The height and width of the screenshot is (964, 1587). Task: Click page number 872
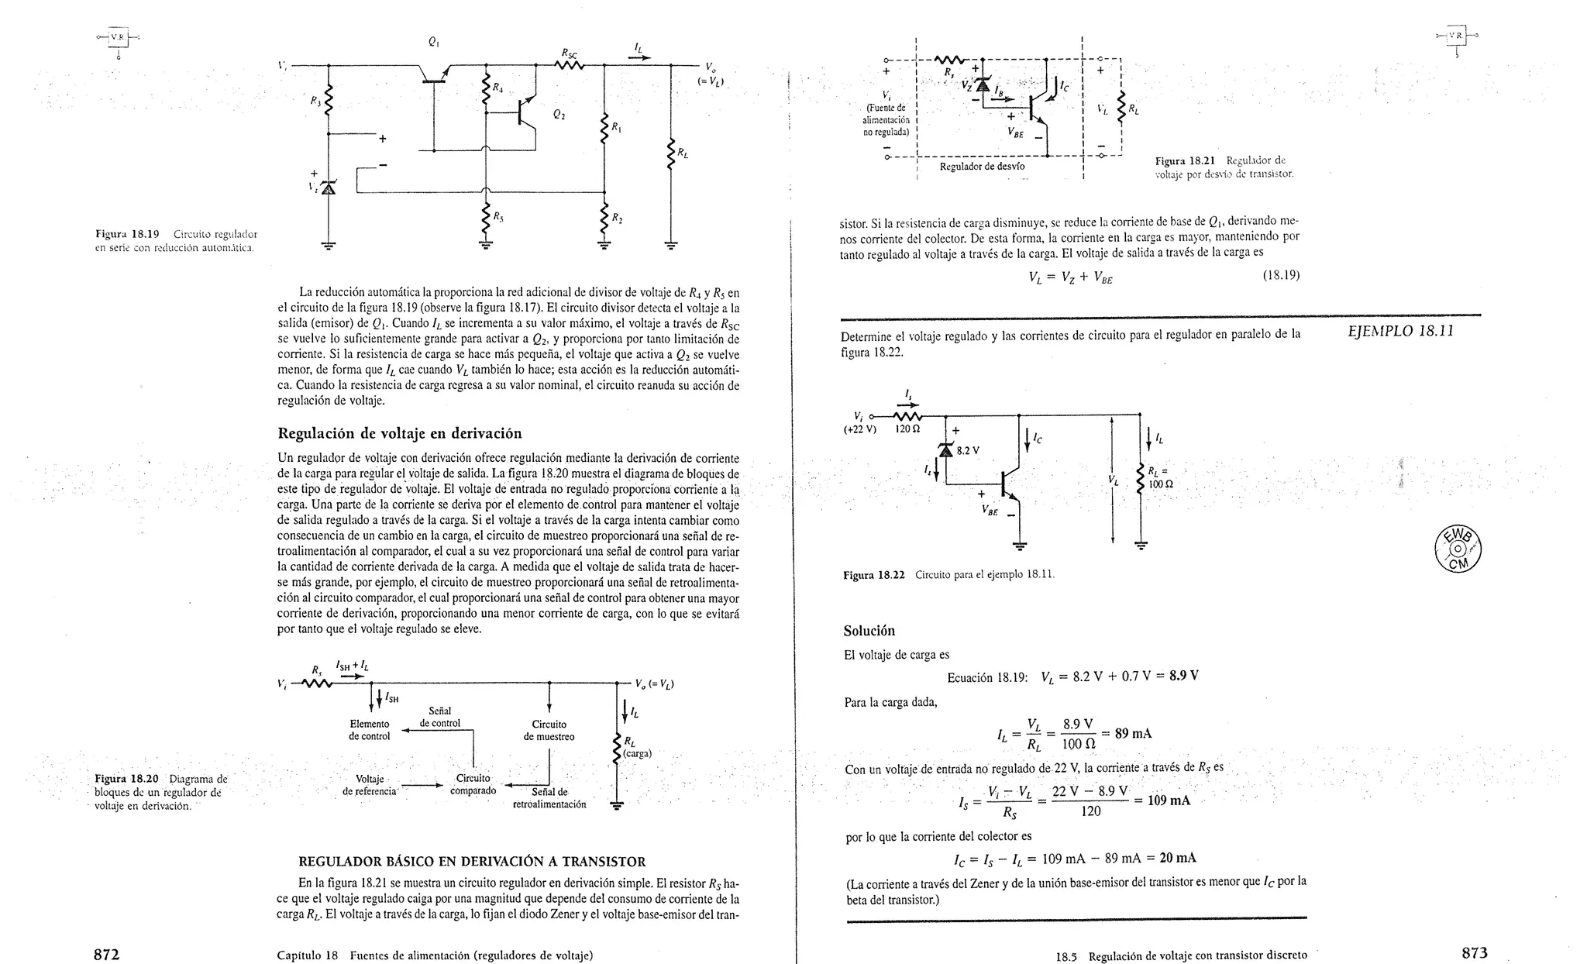pyautogui.click(x=106, y=954)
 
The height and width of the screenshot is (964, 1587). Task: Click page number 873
pyautogui.click(x=1475, y=953)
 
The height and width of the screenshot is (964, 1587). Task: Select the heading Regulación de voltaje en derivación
pyautogui.click(x=399, y=433)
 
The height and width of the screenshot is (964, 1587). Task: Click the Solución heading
pyautogui.click(x=869, y=631)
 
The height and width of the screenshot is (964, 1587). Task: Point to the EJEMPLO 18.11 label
pyautogui.click(x=1401, y=331)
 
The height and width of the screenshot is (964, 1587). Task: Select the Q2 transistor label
pyautogui.click(x=559, y=115)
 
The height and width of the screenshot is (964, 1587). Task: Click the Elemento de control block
pyautogui.click(x=370, y=730)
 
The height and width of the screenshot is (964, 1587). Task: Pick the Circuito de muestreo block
pyautogui.click(x=549, y=730)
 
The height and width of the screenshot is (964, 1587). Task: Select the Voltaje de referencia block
pyautogui.click(x=370, y=785)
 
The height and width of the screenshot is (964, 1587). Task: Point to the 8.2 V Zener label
pyautogui.click(x=969, y=450)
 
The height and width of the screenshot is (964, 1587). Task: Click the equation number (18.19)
pyautogui.click(x=1280, y=275)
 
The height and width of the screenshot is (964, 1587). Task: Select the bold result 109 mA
pyautogui.click(x=1169, y=800)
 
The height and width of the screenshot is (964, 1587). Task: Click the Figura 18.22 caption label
pyautogui.click(x=874, y=575)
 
